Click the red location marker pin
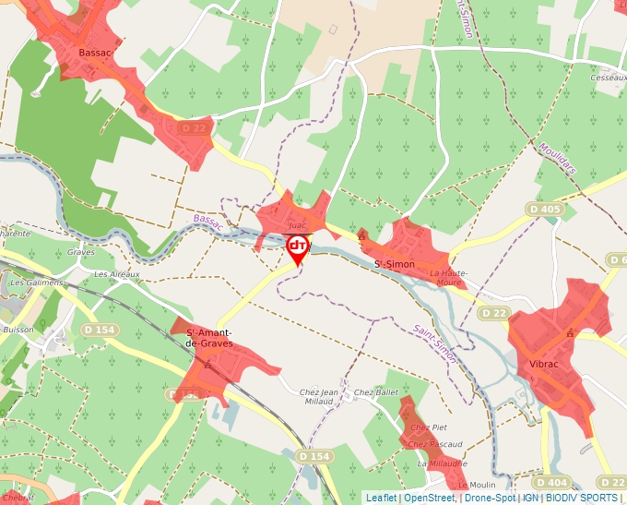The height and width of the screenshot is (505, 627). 298,248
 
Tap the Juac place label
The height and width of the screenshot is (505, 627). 296,224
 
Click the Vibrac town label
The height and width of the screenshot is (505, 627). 544,365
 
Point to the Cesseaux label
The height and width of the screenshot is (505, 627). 609,78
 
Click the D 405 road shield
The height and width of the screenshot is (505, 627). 545,210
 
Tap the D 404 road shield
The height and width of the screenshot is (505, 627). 551,483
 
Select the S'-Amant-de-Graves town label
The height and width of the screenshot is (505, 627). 209,338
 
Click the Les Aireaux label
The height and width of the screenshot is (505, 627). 116,274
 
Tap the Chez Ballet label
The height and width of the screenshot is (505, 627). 375,392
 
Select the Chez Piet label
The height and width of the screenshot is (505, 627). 428,427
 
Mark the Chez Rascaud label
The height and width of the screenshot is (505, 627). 434,444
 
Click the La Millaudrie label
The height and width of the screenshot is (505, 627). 442,463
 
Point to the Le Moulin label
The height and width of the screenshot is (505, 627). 476,485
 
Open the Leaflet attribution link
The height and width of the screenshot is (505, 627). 381,498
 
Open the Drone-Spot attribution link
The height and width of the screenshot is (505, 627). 489,498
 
